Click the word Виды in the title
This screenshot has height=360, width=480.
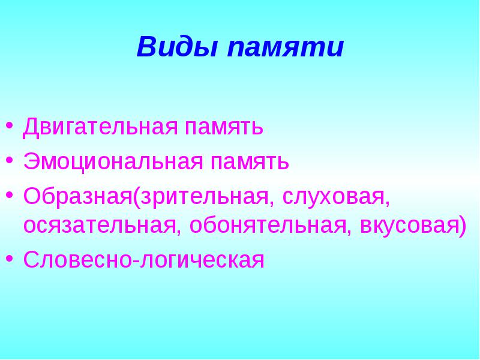coord(177,47)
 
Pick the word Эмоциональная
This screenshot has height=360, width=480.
coord(113,161)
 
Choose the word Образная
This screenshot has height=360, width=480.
coord(78,196)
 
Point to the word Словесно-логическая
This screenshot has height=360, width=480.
coord(143,260)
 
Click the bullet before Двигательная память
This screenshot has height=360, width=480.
coord(10,126)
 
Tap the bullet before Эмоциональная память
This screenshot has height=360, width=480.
coord(10,160)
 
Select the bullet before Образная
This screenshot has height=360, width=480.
coord(10,195)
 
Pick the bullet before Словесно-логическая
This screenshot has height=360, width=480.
coord(10,259)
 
